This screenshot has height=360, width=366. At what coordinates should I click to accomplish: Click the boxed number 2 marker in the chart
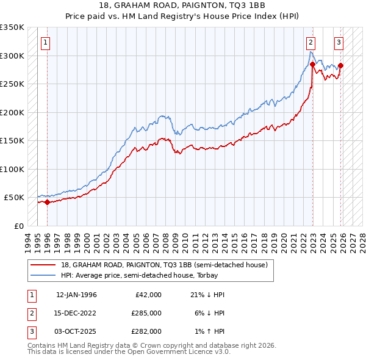(x=311, y=43)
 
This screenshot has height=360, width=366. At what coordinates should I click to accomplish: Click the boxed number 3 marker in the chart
(x=339, y=43)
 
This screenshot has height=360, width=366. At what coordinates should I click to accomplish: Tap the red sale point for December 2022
(x=312, y=64)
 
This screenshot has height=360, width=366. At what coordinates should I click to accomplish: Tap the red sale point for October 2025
(x=340, y=66)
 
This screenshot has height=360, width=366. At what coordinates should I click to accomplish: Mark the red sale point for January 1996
(x=47, y=202)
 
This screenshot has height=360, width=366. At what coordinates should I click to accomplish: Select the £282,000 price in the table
(x=146, y=331)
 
